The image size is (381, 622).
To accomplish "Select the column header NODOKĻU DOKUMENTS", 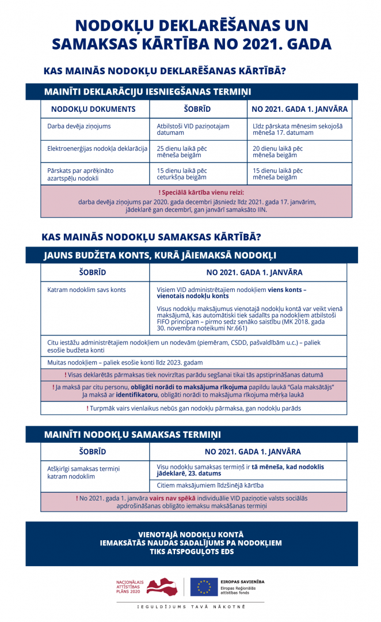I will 93,109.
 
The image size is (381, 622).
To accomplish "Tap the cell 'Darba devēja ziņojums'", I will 79,126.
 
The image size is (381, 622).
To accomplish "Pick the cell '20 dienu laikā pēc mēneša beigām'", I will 278,151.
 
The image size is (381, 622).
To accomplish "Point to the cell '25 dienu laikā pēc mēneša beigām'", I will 182,151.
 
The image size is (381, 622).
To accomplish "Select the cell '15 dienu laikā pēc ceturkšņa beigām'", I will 182,174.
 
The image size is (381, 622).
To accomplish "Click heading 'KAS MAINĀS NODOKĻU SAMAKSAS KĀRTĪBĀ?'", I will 151,237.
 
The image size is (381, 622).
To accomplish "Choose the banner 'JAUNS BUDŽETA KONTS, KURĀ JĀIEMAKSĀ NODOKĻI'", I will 160,255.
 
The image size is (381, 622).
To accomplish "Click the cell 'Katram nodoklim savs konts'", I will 86,290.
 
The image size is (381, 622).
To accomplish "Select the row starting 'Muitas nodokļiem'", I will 125,362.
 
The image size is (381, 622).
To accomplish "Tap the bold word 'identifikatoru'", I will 139,395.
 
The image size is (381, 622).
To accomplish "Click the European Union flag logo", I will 204,586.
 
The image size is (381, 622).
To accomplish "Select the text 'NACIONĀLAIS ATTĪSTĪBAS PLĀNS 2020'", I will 128,586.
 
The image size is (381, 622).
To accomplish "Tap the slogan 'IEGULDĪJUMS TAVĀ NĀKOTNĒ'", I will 190,607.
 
